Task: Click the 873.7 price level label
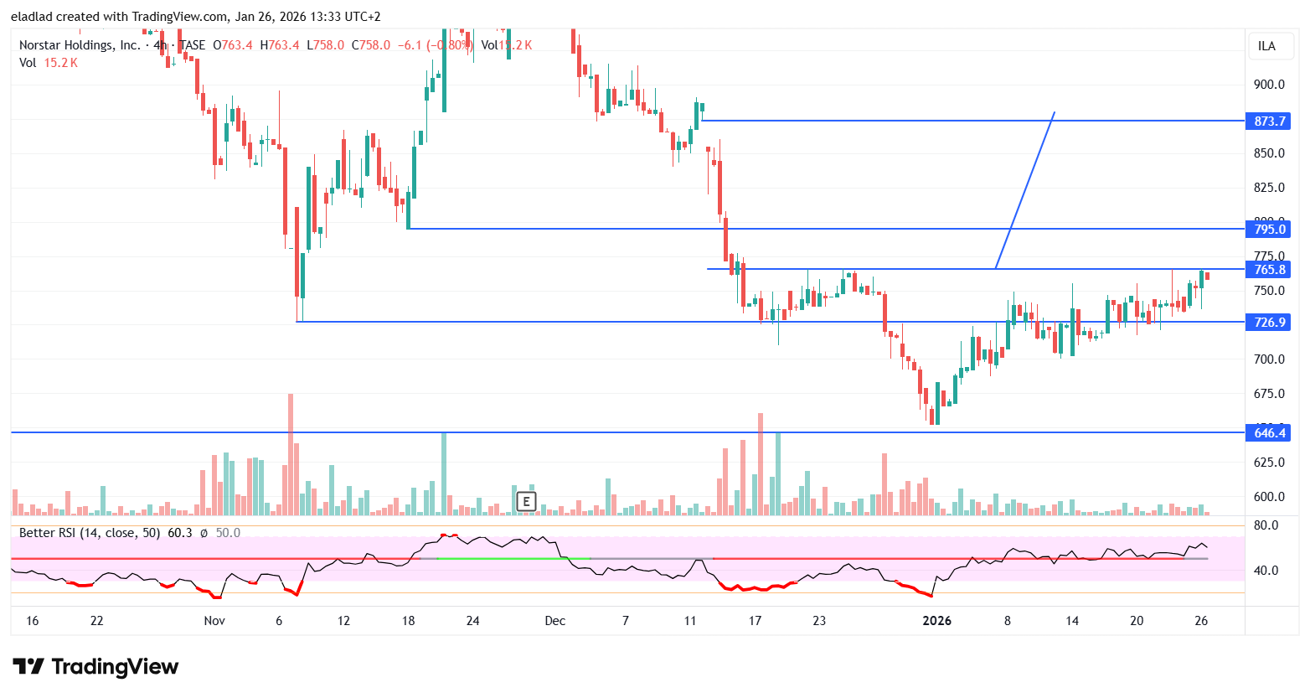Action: [x=1269, y=122]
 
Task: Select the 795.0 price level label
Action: [x=1269, y=229]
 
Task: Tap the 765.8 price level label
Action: [x=1269, y=269]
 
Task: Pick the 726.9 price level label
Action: [x=1269, y=322]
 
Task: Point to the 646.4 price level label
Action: [x=1269, y=432]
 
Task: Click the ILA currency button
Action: [x=1266, y=46]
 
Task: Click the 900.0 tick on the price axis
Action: [x=1269, y=84]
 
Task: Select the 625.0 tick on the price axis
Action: [x=1269, y=462]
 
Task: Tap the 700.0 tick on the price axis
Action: [x=1269, y=359]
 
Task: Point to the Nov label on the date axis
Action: [x=214, y=621]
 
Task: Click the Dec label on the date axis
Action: [x=554, y=621]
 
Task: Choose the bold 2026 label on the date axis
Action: [x=936, y=621]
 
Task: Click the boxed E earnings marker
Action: [x=526, y=502]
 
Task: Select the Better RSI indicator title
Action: [x=90, y=533]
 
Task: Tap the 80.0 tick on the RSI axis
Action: [x=1265, y=525]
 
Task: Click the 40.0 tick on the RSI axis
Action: [x=1265, y=571]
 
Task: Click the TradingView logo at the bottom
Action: [x=95, y=667]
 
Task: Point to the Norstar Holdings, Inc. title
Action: [x=80, y=45]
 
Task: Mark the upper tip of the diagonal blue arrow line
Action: [x=1054, y=112]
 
